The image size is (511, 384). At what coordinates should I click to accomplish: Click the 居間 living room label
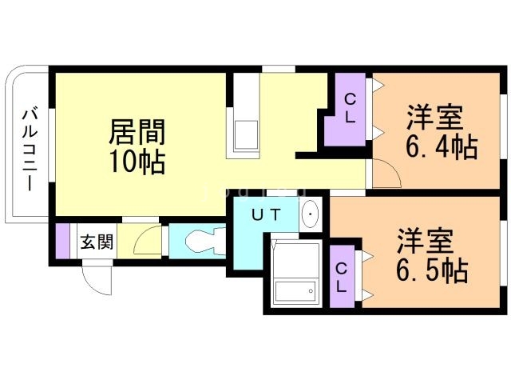click(x=137, y=132)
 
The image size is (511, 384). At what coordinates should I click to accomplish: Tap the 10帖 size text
click(x=137, y=162)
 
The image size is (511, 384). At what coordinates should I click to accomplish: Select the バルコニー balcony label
click(x=30, y=150)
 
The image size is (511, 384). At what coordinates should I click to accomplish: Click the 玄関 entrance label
click(x=97, y=242)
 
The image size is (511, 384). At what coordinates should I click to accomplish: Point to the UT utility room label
click(x=266, y=215)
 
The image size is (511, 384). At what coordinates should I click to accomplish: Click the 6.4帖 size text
click(x=442, y=146)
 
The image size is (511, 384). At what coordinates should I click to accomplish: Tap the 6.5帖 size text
click(x=433, y=270)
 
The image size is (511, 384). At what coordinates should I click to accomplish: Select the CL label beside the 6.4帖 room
click(x=350, y=109)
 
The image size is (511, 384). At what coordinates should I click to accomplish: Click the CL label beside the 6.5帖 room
click(x=341, y=278)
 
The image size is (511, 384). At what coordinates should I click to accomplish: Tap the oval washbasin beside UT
click(x=310, y=214)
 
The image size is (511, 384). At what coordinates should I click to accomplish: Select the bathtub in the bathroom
click(x=295, y=292)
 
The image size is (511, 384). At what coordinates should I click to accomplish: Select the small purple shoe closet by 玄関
click(x=62, y=240)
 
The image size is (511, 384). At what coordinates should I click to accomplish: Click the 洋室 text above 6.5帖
click(x=425, y=241)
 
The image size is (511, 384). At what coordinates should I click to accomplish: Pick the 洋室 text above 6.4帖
click(x=434, y=118)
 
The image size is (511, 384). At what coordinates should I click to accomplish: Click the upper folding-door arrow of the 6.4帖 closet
click(x=378, y=86)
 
